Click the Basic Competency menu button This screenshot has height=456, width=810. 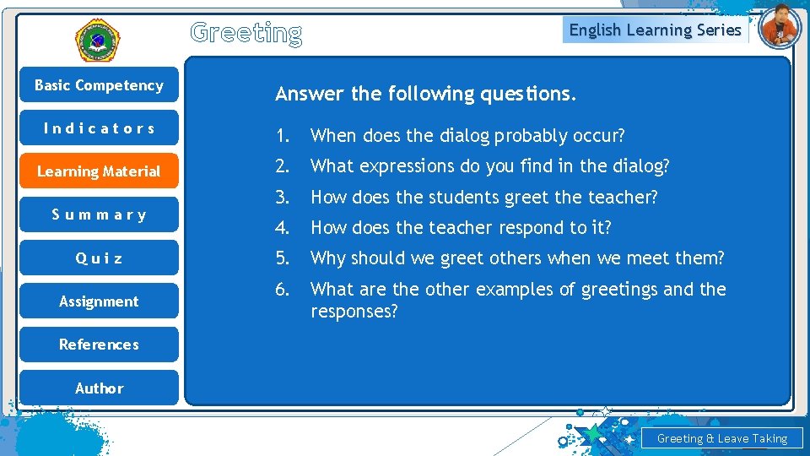tap(99, 85)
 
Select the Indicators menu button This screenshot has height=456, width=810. tap(99, 128)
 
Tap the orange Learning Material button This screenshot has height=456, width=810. tap(99, 171)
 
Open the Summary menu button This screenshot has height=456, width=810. tap(99, 214)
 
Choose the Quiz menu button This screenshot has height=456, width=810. tap(99, 258)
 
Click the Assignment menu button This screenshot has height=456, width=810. tap(99, 301)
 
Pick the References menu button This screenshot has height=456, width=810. tap(99, 345)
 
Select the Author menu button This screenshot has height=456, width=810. tap(99, 388)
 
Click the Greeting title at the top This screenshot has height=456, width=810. tap(246, 33)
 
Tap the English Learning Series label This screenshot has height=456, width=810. tap(655, 30)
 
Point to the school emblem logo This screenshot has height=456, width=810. tap(98, 41)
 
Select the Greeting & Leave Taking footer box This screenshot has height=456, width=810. tap(721, 438)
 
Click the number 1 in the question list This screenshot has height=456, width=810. tap(282, 136)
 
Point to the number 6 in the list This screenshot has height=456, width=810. tap(282, 290)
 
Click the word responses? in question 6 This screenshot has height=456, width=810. tap(354, 312)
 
